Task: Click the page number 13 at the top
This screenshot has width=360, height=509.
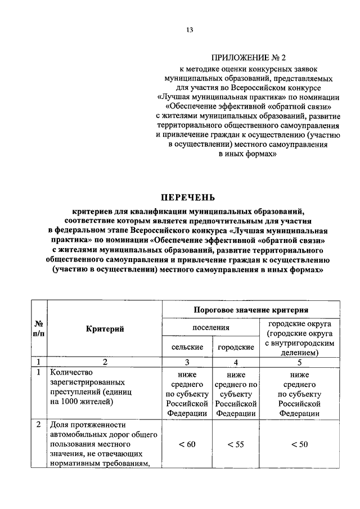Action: click(x=190, y=30)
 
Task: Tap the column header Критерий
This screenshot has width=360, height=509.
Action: click(x=105, y=328)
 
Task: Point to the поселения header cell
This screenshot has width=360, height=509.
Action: click(x=210, y=327)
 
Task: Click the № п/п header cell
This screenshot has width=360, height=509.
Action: click(x=39, y=328)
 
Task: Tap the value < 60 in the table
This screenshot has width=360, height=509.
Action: click(x=187, y=444)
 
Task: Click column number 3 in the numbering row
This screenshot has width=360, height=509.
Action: click(x=187, y=362)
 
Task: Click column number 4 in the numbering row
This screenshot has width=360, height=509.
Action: click(x=235, y=362)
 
